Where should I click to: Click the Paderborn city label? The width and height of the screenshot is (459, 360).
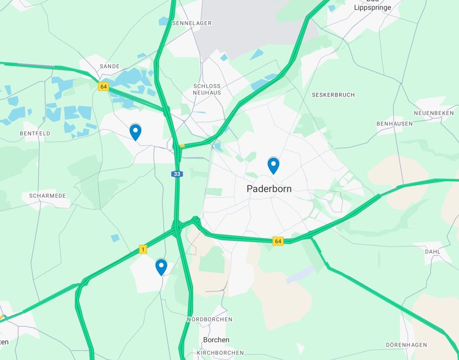(269, 188)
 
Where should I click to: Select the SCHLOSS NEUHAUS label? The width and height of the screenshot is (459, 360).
(207, 89)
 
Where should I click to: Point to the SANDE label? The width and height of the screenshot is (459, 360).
(109, 66)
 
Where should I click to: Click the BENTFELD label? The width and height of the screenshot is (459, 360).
(35, 133)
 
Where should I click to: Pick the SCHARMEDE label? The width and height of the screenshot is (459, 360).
(47, 196)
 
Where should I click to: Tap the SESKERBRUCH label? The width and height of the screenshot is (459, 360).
(333, 95)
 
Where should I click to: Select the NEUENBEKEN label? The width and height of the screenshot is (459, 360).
(434, 113)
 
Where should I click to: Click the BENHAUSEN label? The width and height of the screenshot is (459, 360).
(394, 124)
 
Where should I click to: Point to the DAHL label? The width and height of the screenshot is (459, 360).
(432, 252)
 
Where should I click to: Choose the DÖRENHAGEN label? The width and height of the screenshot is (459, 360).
(406, 345)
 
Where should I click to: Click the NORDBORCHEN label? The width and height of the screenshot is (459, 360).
(209, 319)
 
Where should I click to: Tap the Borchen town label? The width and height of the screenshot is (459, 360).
(216, 340)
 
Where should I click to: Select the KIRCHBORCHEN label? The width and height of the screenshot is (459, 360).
(220, 353)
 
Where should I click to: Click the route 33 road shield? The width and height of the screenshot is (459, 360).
(177, 174)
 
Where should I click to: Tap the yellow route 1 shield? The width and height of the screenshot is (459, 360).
(143, 249)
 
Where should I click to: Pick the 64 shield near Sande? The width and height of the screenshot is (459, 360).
(103, 86)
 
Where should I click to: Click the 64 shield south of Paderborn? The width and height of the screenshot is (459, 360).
(278, 241)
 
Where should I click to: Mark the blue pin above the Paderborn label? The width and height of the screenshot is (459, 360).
(273, 165)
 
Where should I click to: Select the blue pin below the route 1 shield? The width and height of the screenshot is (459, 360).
(161, 266)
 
